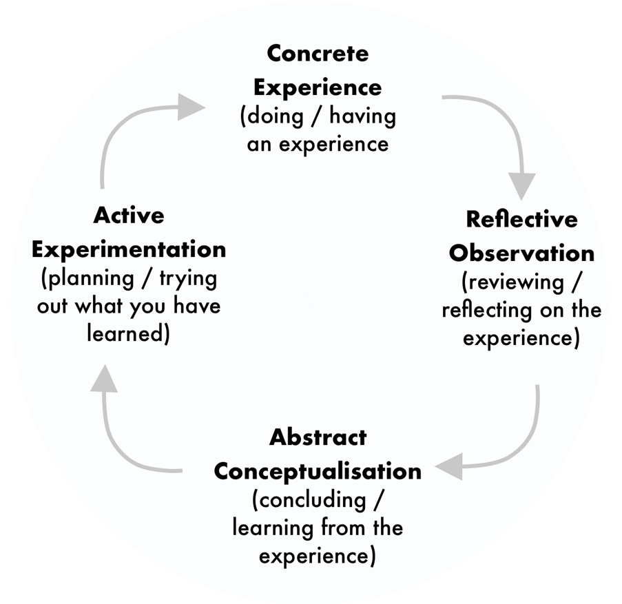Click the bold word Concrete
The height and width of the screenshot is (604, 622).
click(318, 53)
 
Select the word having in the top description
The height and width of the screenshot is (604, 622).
click(362, 116)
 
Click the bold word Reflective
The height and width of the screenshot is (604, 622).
click(521, 219)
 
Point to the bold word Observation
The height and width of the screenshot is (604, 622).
click(521, 253)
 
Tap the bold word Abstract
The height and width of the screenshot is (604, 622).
click(318, 437)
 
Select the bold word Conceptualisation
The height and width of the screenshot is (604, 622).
click(318, 471)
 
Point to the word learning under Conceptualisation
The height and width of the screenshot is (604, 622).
click(273, 528)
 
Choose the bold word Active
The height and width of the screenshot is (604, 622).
click(129, 215)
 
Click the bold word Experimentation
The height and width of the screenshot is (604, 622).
click(129, 249)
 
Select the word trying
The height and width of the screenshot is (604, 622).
click(189, 278)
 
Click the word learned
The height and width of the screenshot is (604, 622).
click(124, 334)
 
